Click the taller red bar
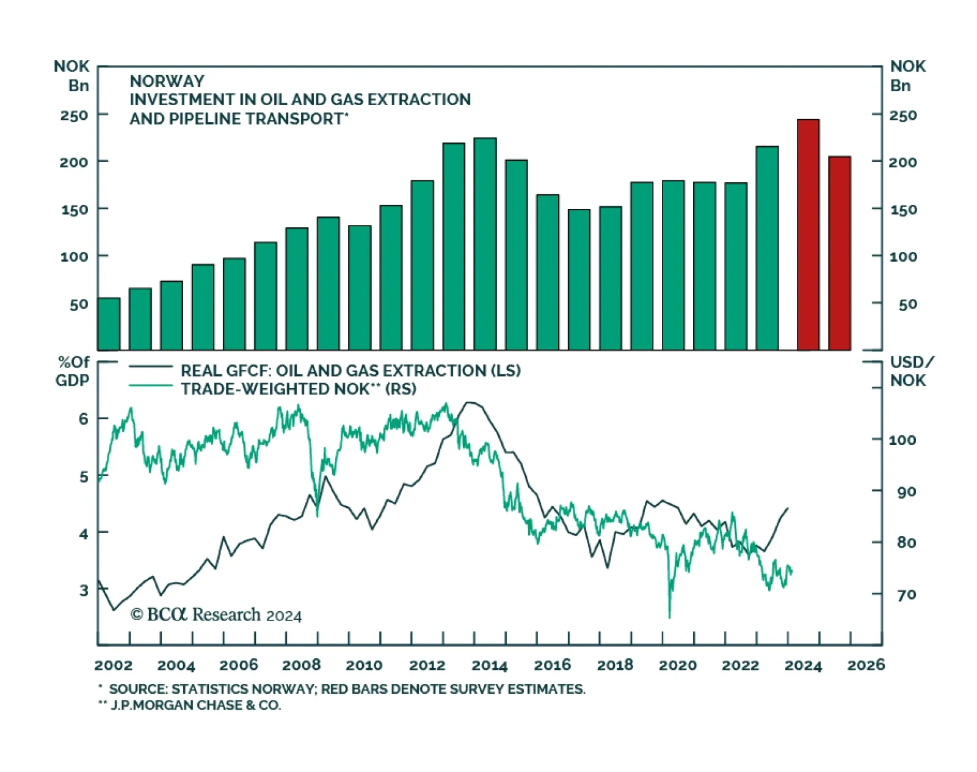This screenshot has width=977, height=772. (808, 235)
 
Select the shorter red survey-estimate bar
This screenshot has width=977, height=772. (840, 254)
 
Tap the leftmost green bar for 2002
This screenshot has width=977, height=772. (109, 324)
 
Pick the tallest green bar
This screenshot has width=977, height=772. (485, 244)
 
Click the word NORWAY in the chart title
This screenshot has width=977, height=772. (167, 81)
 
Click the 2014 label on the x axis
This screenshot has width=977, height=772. (490, 665)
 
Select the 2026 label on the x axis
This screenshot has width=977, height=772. (866, 665)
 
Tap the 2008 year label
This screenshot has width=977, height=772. (302, 665)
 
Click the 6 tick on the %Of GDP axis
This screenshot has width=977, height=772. (84, 419)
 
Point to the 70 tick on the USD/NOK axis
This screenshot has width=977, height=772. (906, 594)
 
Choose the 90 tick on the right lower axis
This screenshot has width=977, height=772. (906, 491)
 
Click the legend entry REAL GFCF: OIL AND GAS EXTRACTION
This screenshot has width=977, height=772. (350, 370)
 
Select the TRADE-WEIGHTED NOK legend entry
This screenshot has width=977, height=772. (298, 389)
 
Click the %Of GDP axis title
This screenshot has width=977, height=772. (73, 371)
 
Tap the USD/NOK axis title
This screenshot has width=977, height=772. (910, 371)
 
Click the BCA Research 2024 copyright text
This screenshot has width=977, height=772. (216, 615)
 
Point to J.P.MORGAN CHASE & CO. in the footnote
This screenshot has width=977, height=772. (195, 705)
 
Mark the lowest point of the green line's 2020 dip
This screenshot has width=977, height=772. (669, 617)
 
